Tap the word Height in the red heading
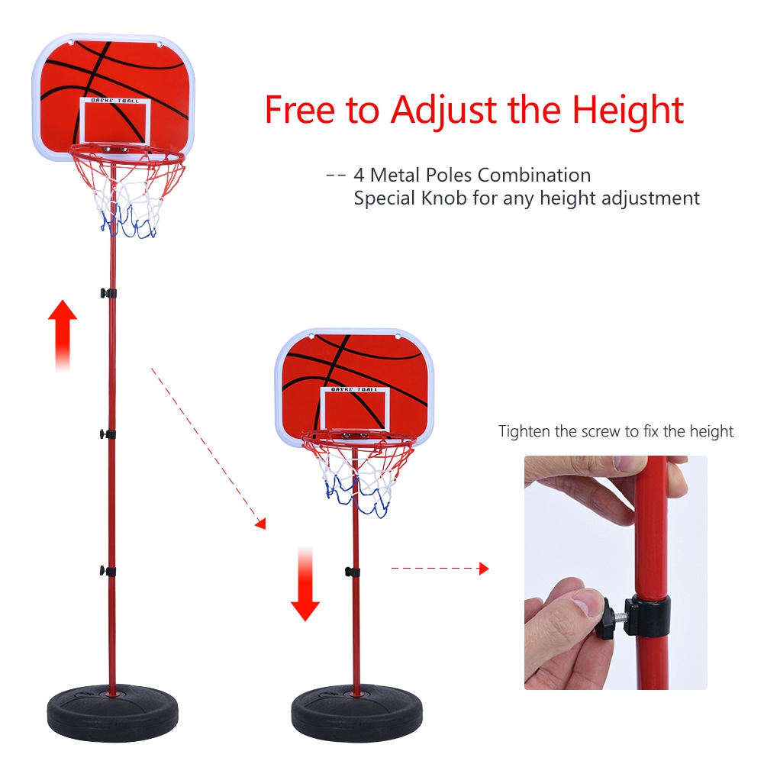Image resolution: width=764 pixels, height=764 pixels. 628,110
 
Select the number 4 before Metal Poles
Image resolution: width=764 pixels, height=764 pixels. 359,175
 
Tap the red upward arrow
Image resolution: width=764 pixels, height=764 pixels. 63,335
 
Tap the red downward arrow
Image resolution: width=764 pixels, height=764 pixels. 305,584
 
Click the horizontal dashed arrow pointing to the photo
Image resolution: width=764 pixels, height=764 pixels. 440,568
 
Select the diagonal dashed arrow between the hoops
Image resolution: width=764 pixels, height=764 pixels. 208,448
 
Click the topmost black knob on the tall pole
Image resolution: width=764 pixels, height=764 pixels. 108,293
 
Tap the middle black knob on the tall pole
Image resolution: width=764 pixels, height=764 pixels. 108,434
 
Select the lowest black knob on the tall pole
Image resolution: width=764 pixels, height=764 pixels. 108,571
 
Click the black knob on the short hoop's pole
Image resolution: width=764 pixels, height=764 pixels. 353,572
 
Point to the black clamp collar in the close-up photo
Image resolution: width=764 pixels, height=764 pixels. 648,616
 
